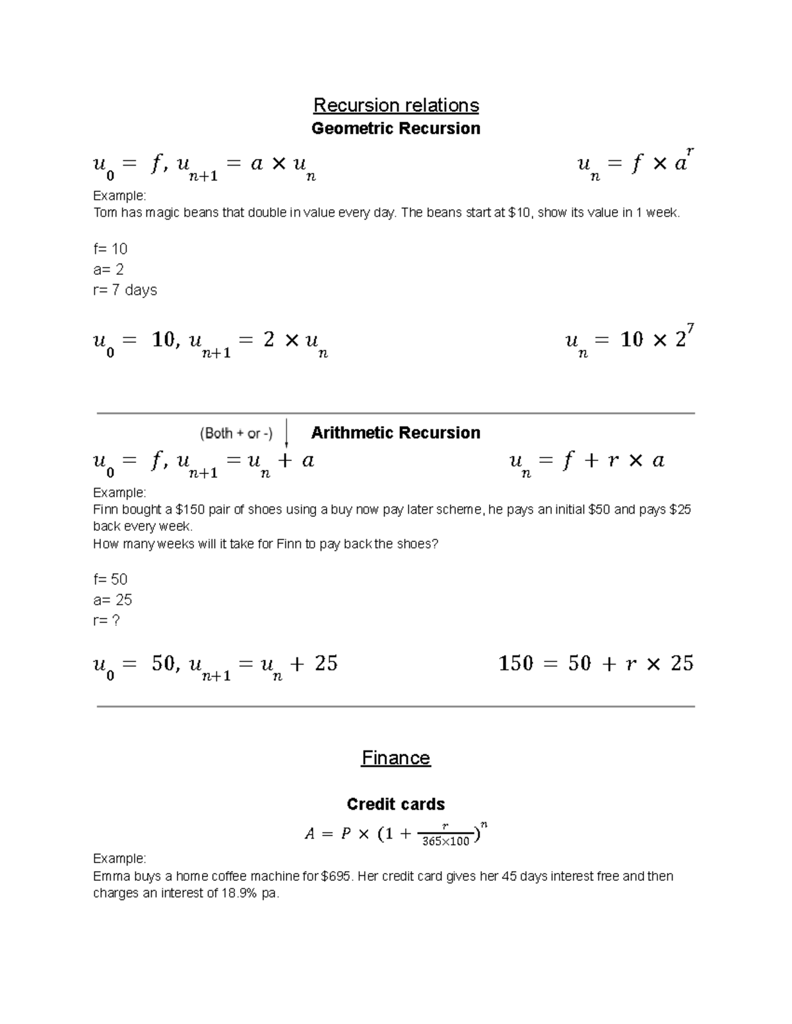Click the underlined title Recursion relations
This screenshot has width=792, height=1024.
(x=396, y=105)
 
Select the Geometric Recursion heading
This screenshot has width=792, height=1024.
(x=396, y=128)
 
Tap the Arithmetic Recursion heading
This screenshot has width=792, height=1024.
(x=395, y=433)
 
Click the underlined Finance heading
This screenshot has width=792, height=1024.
(x=396, y=758)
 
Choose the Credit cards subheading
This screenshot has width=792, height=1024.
(x=396, y=804)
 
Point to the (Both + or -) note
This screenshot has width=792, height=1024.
(x=236, y=433)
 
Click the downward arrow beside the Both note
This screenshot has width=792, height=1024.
(x=286, y=433)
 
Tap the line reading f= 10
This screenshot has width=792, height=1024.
(x=110, y=249)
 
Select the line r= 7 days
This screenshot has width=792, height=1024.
(x=125, y=290)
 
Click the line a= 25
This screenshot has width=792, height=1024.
(x=112, y=599)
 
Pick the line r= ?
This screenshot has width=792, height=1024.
(x=106, y=620)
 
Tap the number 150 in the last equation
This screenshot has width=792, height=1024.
(x=515, y=663)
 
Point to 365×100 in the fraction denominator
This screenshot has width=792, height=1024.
(x=446, y=841)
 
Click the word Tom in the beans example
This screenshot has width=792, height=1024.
(x=104, y=213)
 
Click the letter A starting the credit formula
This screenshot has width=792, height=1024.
(x=310, y=834)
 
